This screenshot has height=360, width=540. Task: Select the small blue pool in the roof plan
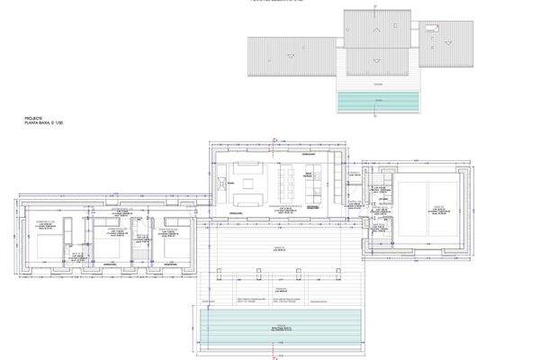pyautogui.click(x=378, y=103)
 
